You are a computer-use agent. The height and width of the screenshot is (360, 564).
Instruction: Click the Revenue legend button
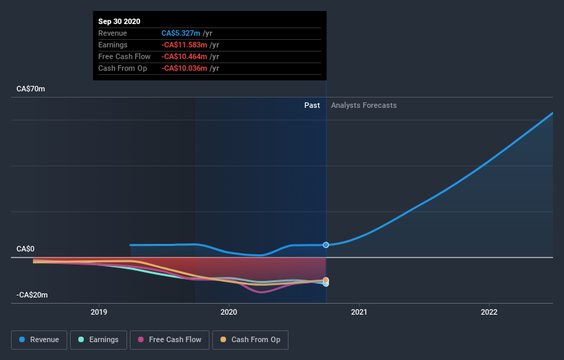(40, 339)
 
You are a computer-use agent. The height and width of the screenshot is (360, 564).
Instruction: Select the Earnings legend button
(98, 339)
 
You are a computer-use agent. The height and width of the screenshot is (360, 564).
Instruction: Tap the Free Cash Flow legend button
(170, 339)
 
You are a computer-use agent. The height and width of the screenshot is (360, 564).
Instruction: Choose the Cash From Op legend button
(251, 339)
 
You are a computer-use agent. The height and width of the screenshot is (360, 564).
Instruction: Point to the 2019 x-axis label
(99, 312)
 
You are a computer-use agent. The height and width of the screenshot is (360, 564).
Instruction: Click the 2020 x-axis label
(229, 312)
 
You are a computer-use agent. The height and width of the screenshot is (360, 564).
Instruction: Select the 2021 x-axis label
(359, 312)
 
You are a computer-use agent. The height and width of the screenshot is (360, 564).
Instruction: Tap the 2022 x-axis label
(488, 312)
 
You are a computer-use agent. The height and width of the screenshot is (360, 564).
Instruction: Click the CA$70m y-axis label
(31, 89)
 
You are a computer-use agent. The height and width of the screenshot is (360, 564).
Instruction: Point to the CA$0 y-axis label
(26, 249)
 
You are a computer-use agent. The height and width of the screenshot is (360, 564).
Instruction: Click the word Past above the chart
(312, 105)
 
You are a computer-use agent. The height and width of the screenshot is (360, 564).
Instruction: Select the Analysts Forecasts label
(363, 105)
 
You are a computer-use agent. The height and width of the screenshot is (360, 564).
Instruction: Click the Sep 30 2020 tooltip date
(119, 21)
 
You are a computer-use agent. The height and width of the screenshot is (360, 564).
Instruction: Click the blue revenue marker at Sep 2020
(326, 245)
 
